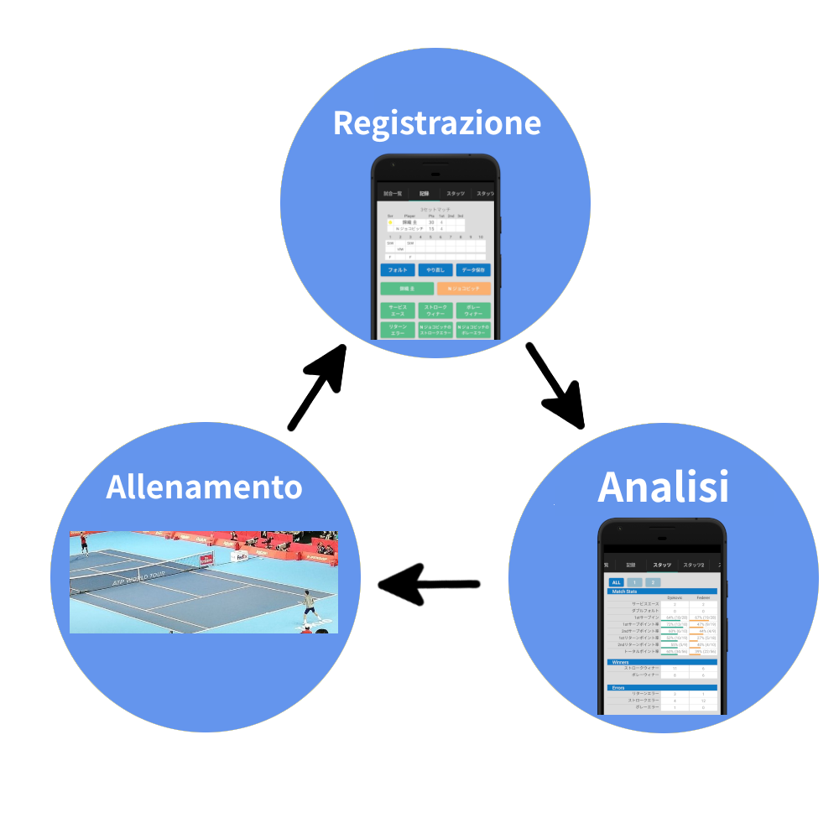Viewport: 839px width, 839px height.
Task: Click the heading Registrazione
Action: [x=436, y=122]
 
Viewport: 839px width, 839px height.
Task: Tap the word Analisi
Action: [x=663, y=487]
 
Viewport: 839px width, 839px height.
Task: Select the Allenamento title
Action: [x=204, y=487]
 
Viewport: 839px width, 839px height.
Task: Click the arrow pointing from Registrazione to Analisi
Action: [x=555, y=384]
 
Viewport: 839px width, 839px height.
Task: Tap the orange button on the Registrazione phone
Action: [x=463, y=288]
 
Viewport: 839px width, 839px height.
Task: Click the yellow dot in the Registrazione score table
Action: [x=390, y=222]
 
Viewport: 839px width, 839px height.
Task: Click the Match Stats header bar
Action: [x=662, y=591]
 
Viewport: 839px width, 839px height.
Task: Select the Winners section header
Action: [x=662, y=662]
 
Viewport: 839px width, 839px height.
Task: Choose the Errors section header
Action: [x=662, y=687]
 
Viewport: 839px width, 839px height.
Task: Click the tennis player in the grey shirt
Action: [x=310, y=608]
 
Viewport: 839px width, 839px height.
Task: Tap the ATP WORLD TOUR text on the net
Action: [x=138, y=578]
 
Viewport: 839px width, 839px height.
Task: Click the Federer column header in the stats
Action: [x=703, y=597]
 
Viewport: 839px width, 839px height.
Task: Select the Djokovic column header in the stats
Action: [x=675, y=597]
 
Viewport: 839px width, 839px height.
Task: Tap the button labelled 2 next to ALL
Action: [x=653, y=581]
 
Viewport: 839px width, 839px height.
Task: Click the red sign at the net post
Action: [x=206, y=560]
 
